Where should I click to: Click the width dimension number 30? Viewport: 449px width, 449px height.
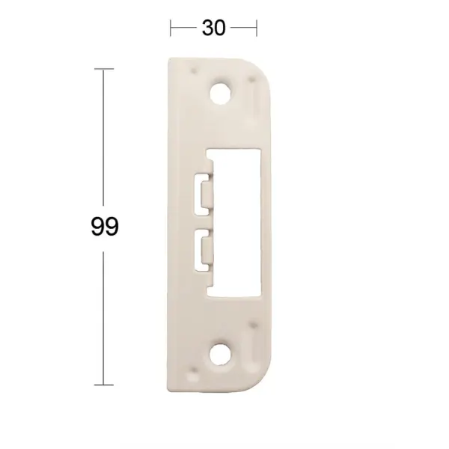[x=213, y=28]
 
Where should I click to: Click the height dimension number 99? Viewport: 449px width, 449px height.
[x=105, y=227]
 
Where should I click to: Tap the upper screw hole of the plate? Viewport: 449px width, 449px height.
[x=221, y=93]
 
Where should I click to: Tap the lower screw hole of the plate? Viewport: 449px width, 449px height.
[x=220, y=355]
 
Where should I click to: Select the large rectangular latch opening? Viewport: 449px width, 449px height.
[x=236, y=222]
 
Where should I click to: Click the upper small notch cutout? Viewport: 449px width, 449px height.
[x=204, y=194]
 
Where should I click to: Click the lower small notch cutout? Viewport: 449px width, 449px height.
[x=204, y=250]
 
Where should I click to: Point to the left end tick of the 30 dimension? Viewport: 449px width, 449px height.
[x=171, y=28]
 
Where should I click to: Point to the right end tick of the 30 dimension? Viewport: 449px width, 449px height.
[x=257, y=28]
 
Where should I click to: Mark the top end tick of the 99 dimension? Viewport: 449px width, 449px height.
[x=104, y=69]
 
